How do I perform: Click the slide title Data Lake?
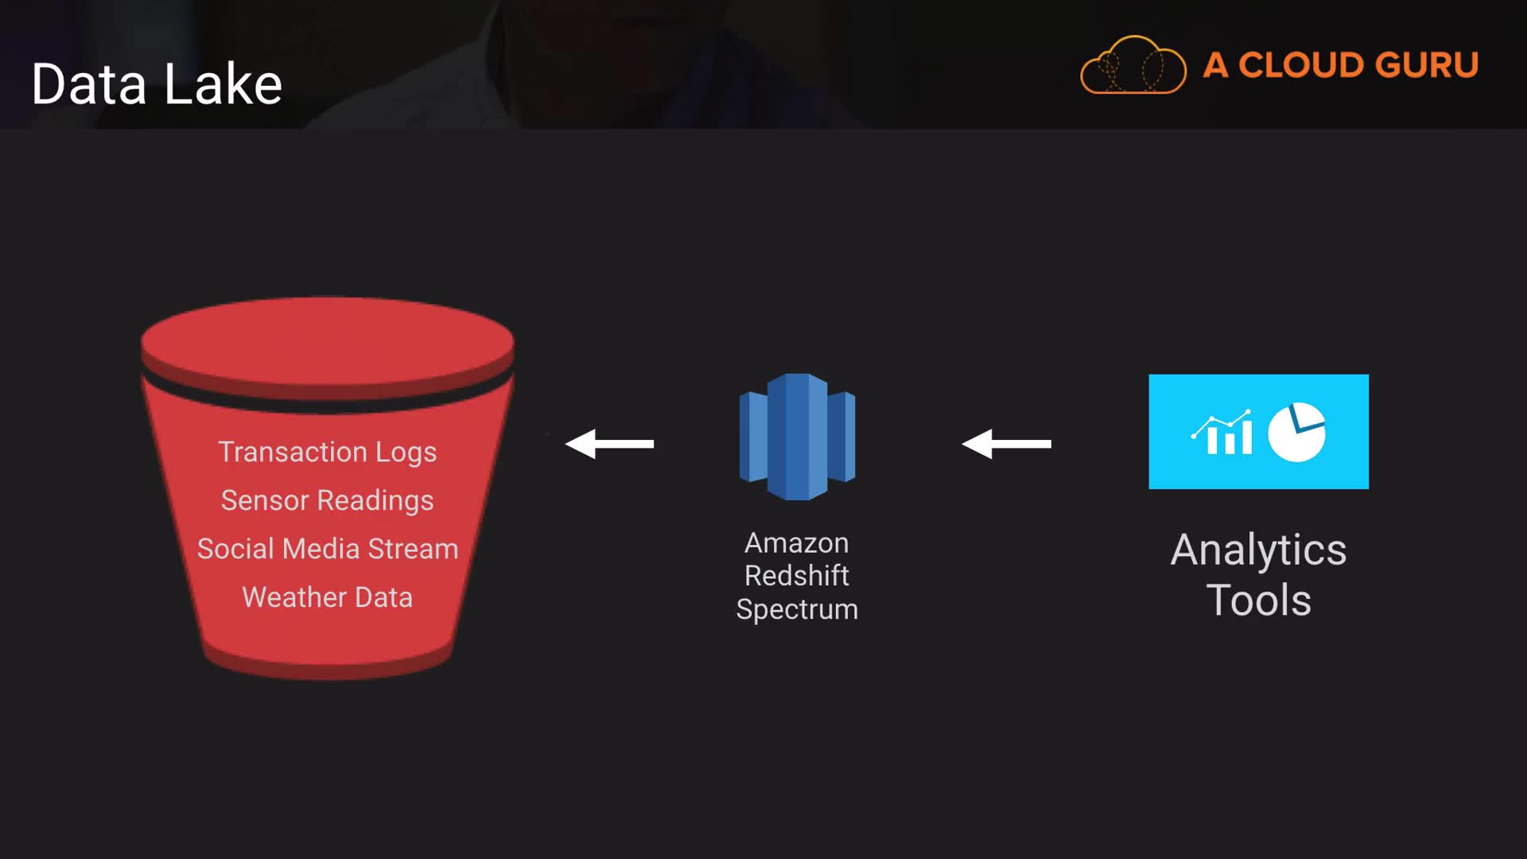pyautogui.click(x=157, y=84)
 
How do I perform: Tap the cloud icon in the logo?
pyautogui.click(x=1133, y=65)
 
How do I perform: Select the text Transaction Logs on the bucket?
pyautogui.click(x=328, y=453)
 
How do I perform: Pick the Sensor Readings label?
pyautogui.click(x=328, y=501)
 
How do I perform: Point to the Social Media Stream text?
pyautogui.click(x=328, y=549)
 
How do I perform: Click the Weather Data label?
pyautogui.click(x=328, y=597)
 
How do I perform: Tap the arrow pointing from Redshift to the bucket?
pyautogui.click(x=609, y=444)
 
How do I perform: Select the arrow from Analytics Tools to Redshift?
pyautogui.click(x=1006, y=444)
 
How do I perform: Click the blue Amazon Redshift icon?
pyautogui.click(x=798, y=437)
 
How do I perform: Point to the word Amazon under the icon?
pyautogui.click(x=797, y=543)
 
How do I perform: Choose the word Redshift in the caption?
pyautogui.click(x=797, y=576)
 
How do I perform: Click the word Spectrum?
pyautogui.click(x=797, y=609)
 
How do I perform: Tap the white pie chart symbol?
pyautogui.click(x=1297, y=432)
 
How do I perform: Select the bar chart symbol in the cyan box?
pyautogui.click(x=1222, y=433)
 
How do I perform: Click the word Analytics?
pyautogui.click(x=1259, y=550)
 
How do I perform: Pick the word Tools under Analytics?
pyautogui.click(x=1259, y=600)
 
